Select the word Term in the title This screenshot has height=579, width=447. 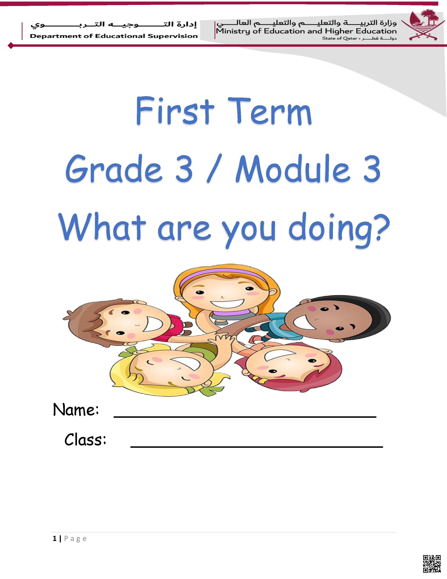click(x=270, y=111)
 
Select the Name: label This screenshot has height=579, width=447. click(x=76, y=410)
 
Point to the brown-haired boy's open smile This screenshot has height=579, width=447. click(x=153, y=323)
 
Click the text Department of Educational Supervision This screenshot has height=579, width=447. click(x=114, y=36)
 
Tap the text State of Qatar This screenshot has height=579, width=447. click(x=340, y=38)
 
